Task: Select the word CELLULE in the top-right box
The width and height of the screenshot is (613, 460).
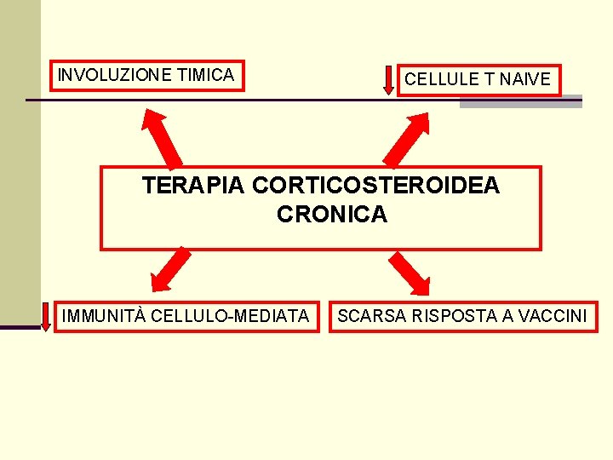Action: (x=442, y=80)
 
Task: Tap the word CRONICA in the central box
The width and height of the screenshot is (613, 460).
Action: (x=332, y=215)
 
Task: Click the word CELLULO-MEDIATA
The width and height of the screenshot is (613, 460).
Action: (x=231, y=316)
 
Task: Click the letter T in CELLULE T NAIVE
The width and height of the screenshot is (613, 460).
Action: (x=489, y=80)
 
